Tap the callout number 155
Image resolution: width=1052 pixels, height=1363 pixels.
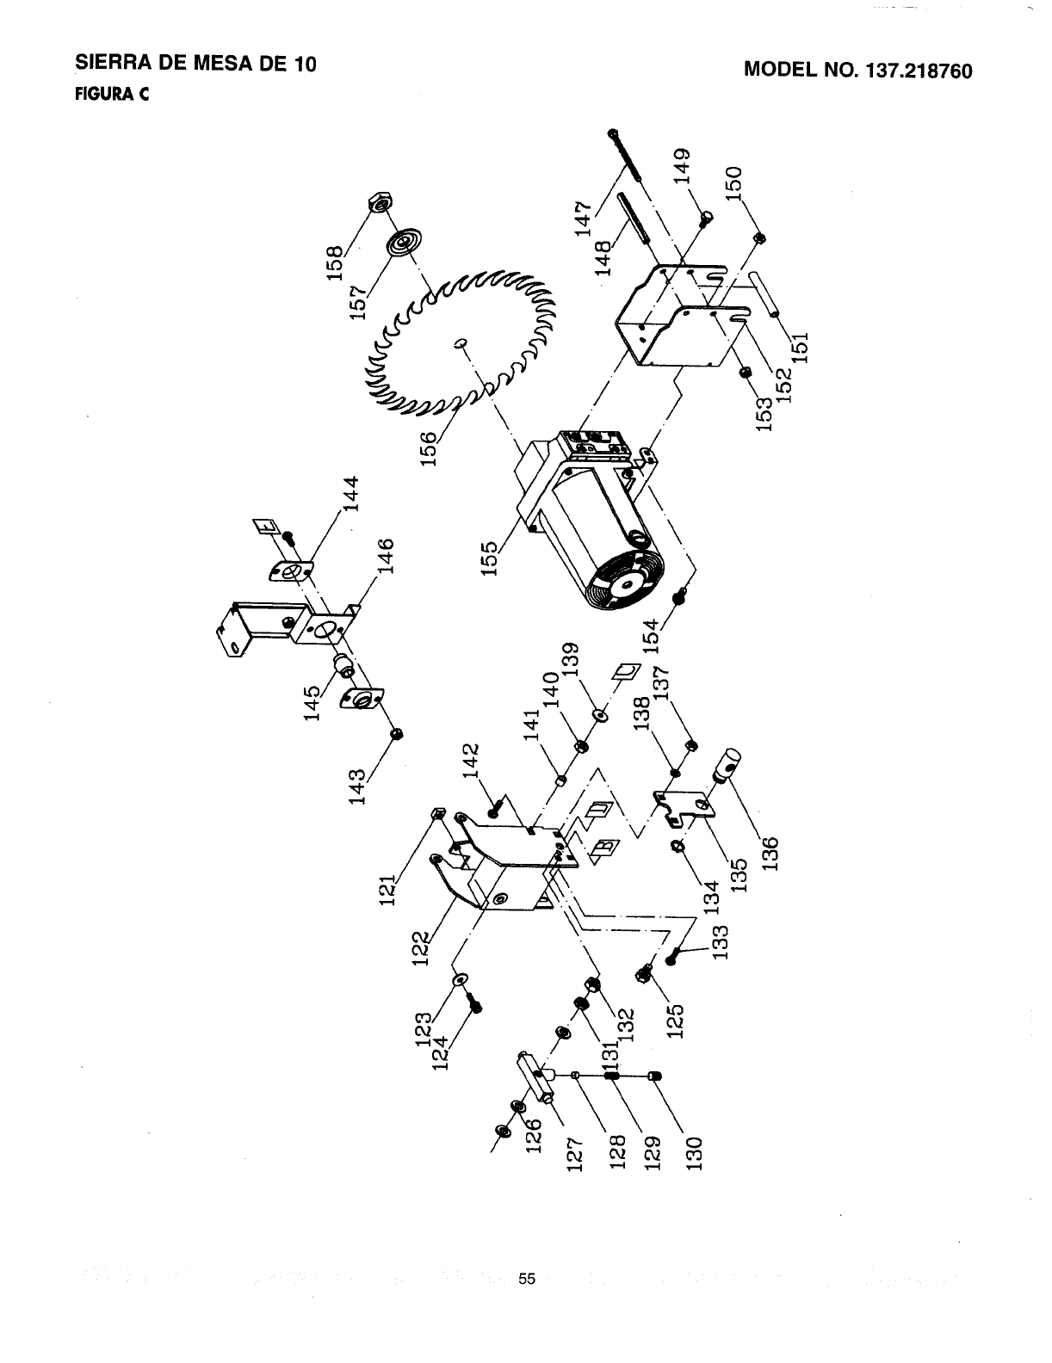pyautogui.click(x=490, y=560)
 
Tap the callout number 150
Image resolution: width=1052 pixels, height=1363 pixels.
pyautogui.click(x=736, y=182)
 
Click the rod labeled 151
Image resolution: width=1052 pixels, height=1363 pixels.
pyautogui.click(x=764, y=297)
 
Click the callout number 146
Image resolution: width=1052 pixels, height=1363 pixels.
pyautogui.click(x=387, y=557)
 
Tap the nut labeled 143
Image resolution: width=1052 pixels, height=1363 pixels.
pyautogui.click(x=398, y=733)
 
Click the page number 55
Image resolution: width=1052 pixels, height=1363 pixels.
pyautogui.click(x=527, y=1279)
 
